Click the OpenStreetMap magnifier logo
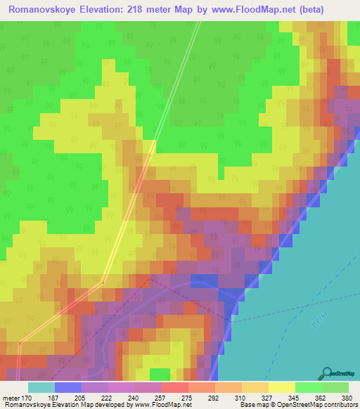pos(326,372)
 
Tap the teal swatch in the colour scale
pos(41,387)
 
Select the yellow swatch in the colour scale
pos(281,387)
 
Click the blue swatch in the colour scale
pos(68,387)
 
